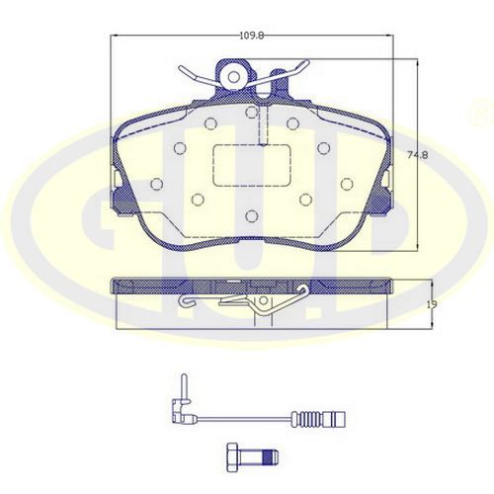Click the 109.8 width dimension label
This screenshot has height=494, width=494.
tap(252, 36)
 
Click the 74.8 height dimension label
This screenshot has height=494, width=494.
tap(418, 155)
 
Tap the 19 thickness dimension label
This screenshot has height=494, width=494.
tap(432, 304)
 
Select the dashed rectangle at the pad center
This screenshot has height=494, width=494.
tap(252, 165)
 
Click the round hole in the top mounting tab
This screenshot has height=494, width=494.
tap(234, 77)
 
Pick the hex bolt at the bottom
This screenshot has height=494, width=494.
tap(253, 456)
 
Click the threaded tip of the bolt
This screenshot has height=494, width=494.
tap(271, 456)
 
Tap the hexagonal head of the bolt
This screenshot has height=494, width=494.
tap(232, 456)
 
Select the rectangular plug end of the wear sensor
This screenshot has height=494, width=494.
tap(334, 419)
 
